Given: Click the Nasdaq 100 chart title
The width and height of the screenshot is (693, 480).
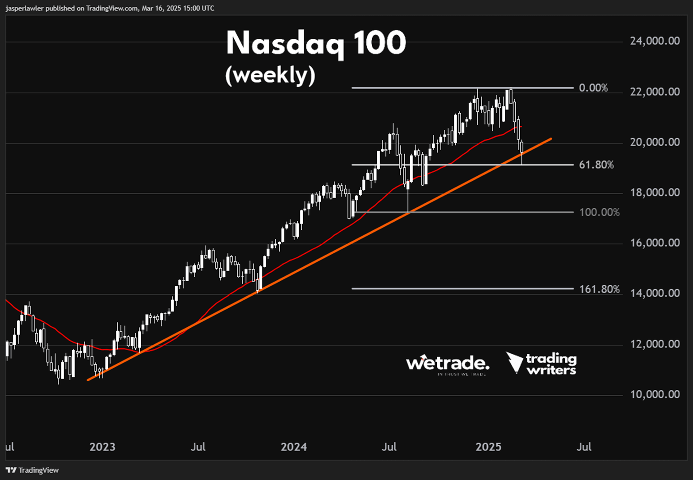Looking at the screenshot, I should pos(316,44).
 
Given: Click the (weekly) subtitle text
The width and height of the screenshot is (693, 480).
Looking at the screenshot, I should pos(270,75).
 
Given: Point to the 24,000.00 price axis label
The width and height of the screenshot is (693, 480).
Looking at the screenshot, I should pos(655,41).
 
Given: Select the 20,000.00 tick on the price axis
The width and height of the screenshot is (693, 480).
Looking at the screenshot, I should pos(655,142).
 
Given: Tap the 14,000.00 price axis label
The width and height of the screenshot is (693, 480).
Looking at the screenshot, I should pos(655,293).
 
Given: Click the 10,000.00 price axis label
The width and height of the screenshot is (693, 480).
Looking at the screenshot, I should pos(655,394).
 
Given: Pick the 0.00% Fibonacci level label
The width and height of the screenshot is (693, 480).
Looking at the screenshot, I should pos(593,88).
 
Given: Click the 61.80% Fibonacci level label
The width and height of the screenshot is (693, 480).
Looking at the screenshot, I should pos(596,165).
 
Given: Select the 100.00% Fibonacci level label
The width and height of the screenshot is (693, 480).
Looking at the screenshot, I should pos(599,212).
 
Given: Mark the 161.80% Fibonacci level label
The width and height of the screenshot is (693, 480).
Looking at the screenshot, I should pos(599,289).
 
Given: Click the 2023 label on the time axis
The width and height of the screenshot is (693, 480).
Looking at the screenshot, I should pos(102,447).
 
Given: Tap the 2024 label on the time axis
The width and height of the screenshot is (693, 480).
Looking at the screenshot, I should pos(294,447).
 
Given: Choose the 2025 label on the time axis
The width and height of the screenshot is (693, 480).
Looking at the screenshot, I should pos(489,447).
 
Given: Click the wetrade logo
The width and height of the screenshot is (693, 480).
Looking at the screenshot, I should pos(447,364).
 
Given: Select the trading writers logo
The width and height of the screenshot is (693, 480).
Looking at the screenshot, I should pos(541,363).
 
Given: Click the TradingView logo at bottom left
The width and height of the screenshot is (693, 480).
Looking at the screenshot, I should pos(32,470).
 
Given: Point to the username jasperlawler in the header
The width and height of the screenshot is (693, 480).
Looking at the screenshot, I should pos(24,8).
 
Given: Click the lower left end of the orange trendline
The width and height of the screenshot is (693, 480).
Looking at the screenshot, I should pos(88,380).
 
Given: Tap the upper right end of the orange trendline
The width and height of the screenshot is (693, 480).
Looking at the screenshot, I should pos(551,139).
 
